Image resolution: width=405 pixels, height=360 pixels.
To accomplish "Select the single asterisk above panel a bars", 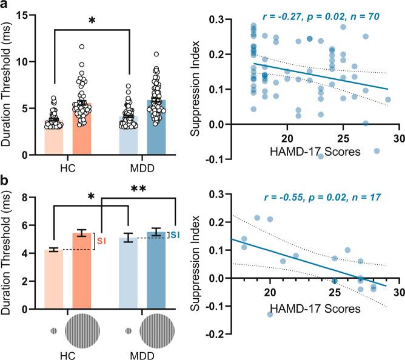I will click(x=92, y=21).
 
